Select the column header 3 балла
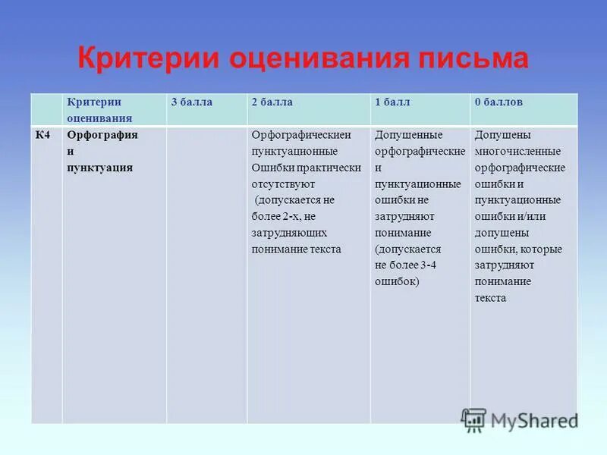(x=191, y=102)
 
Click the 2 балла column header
(x=272, y=102)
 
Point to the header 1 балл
(x=393, y=102)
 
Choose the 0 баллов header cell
(x=498, y=102)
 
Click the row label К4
(x=43, y=135)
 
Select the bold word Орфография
(x=102, y=135)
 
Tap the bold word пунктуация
(x=100, y=168)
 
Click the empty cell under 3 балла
(x=206, y=273)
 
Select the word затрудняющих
(x=289, y=233)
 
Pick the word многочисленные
(x=517, y=152)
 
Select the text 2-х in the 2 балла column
(x=290, y=217)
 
